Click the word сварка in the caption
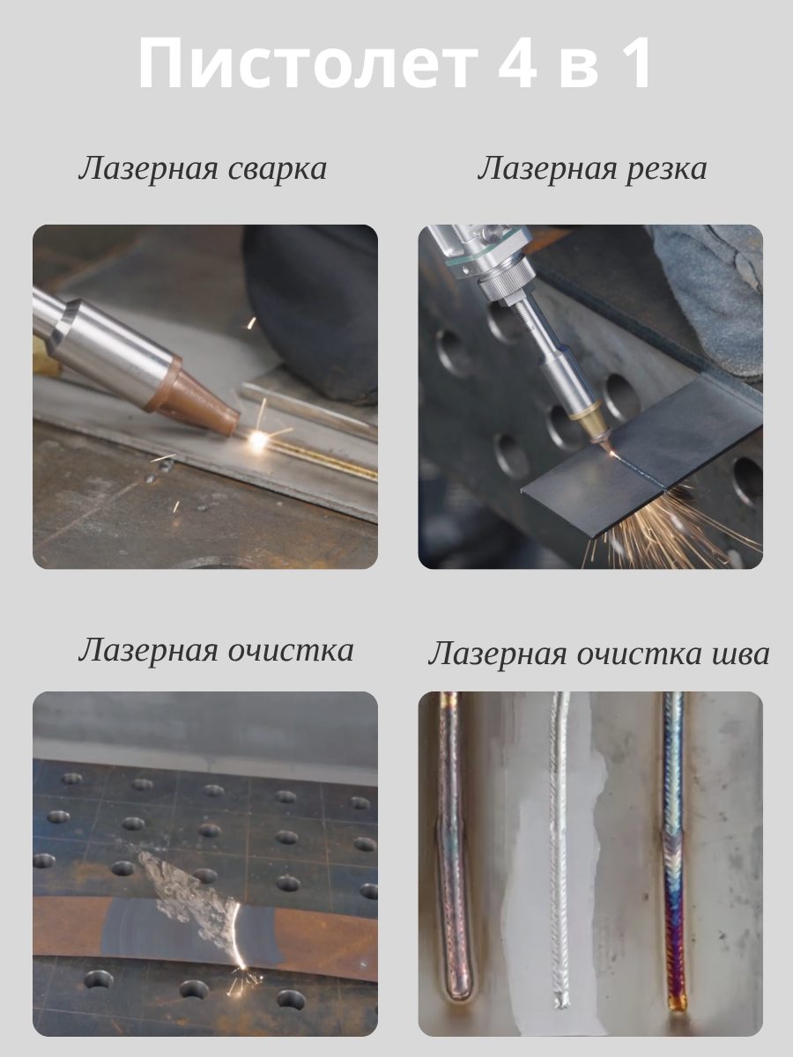click(278, 169)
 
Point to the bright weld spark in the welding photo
click(257, 438)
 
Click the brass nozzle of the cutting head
click(589, 422)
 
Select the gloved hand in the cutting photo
click(713, 299)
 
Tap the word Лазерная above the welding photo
click(148, 169)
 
